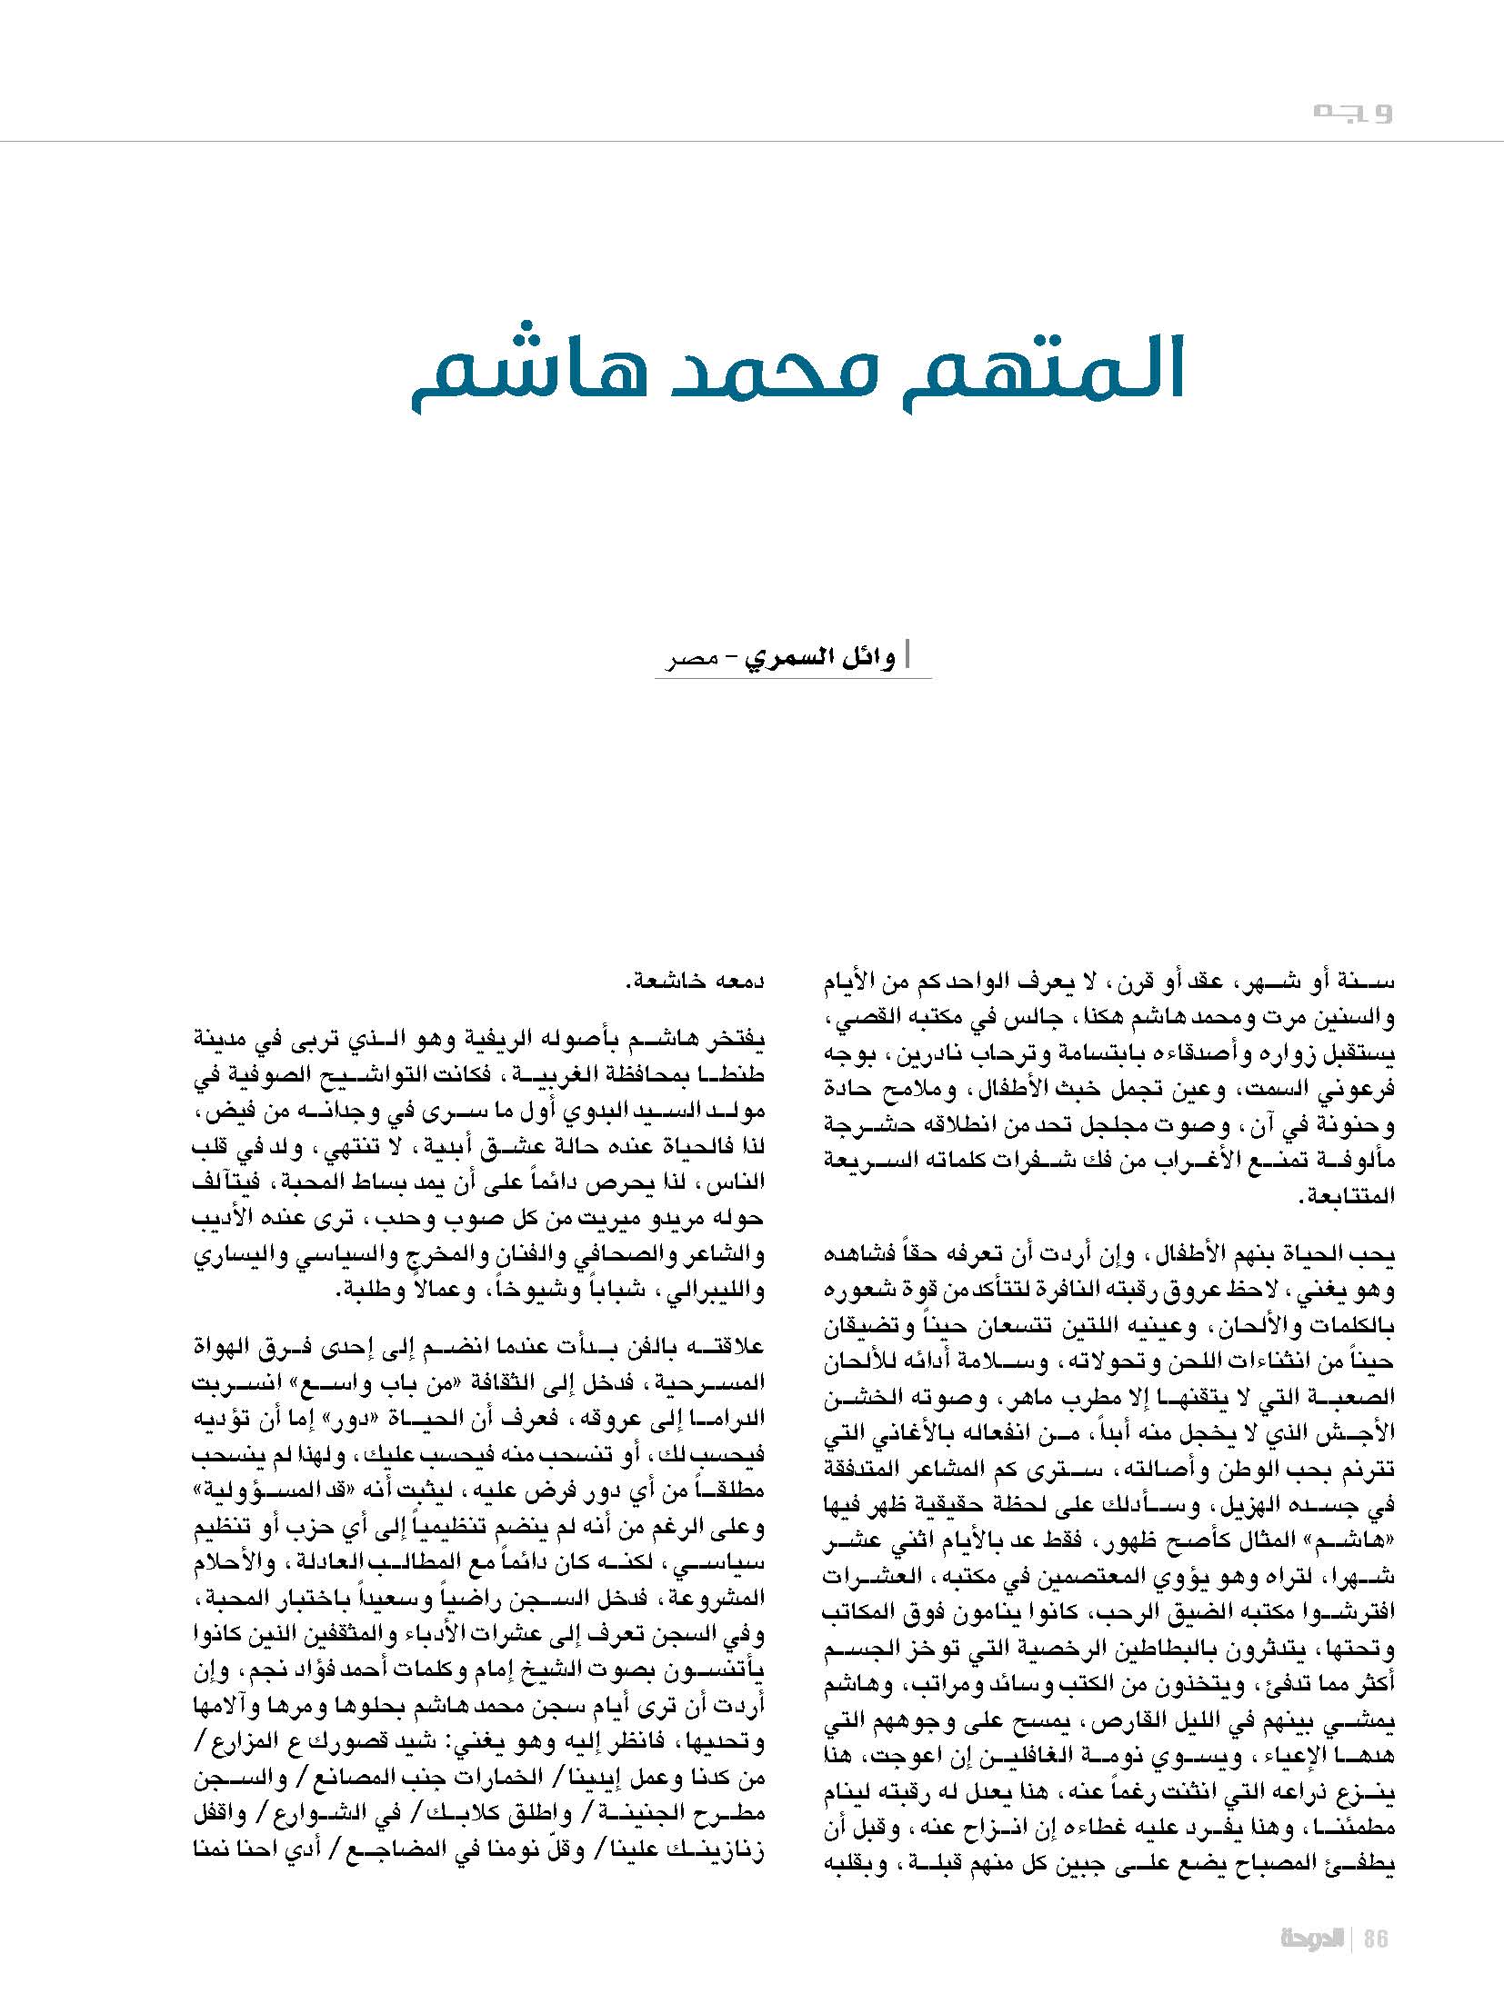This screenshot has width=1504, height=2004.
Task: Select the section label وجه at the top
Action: [1353, 113]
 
